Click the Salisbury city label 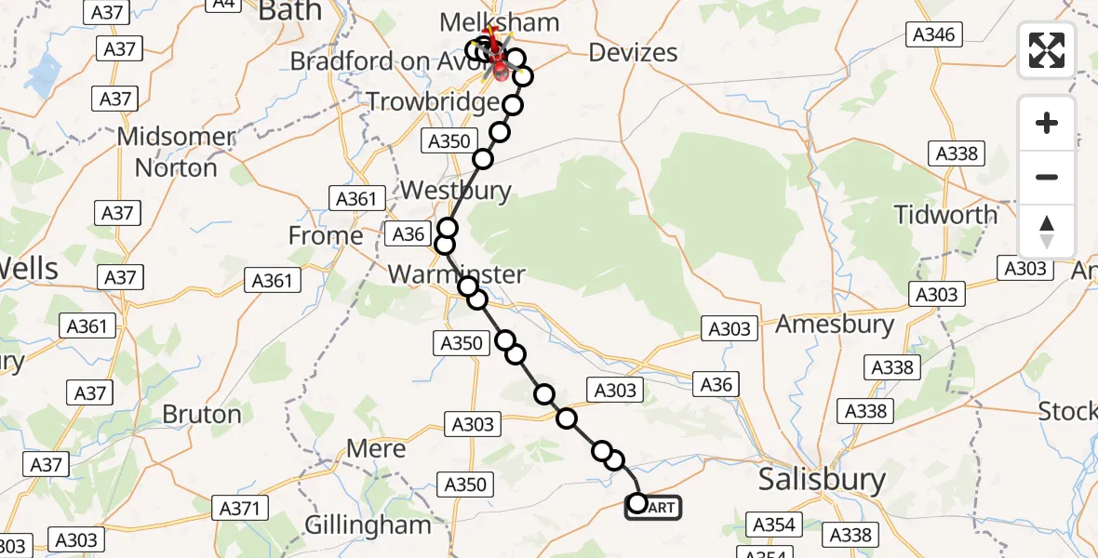tap(822, 480)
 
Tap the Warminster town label tap(457, 274)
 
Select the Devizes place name tap(633, 53)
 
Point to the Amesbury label tap(835, 325)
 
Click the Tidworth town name tap(945, 215)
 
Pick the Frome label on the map tap(326, 236)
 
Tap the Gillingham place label tap(368, 525)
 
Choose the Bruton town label tap(202, 414)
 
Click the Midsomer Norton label tap(176, 153)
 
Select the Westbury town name tap(456, 192)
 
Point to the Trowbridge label tap(434, 101)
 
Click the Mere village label tap(376, 449)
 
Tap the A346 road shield tap(933, 35)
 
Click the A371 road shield tap(244, 508)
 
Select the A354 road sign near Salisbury tap(774, 525)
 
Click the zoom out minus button tap(1047, 177)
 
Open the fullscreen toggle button tap(1047, 50)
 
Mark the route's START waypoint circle tap(638, 504)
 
